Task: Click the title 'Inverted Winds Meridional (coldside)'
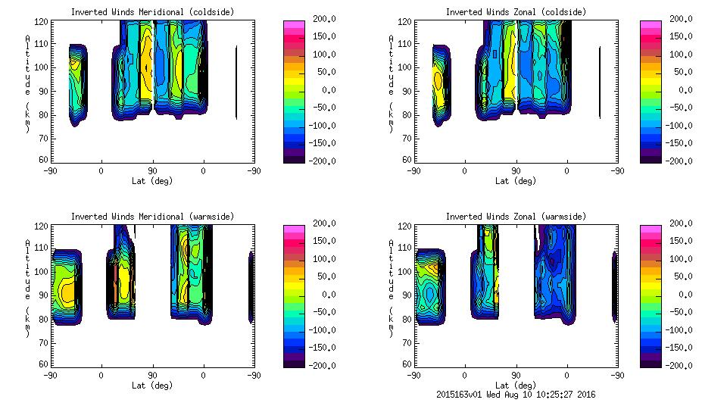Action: (152, 12)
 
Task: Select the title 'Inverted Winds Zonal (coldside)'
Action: (516, 12)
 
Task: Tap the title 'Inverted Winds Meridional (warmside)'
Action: (152, 217)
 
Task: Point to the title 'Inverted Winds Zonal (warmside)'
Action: (516, 217)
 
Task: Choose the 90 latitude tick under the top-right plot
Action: (516, 170)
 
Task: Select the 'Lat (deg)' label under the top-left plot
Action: (152, 181)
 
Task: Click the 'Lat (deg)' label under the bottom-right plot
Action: (516, 386)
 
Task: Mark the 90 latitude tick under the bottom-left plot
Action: (152, 375)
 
